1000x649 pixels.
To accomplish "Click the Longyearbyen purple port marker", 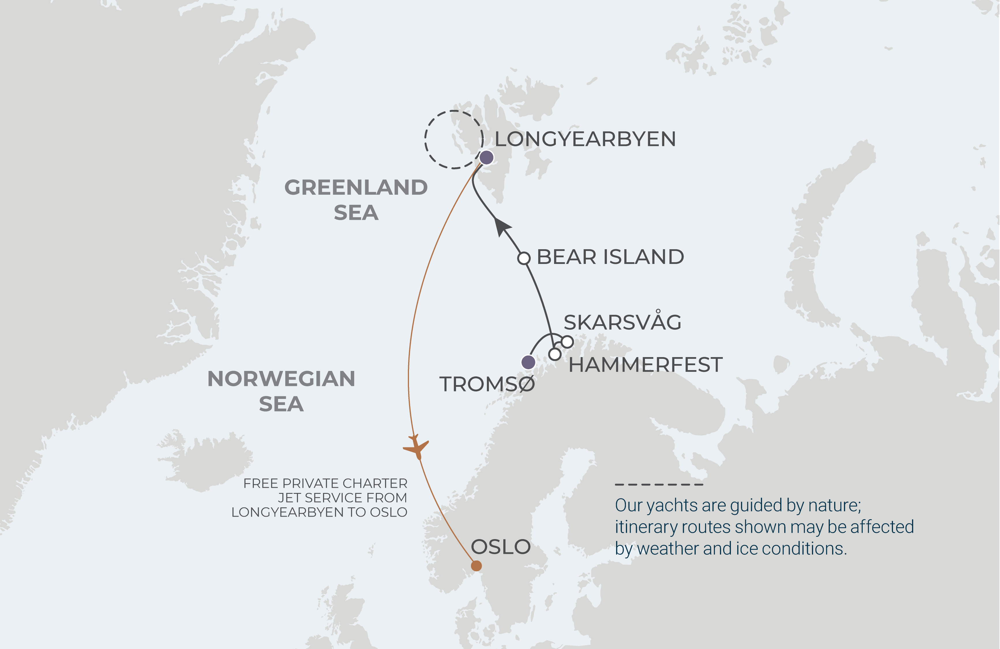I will (487, 157).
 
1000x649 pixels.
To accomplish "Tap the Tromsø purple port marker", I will (528, 362).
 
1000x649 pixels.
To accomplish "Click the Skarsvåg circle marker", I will (567, 342).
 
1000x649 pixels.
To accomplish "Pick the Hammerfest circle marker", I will (555, 354).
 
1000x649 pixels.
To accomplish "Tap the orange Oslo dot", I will (476, 566).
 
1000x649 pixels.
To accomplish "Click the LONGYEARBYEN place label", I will (585, 139).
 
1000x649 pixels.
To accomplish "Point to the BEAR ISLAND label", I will (610, 257).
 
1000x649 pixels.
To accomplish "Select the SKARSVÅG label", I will (622, 322).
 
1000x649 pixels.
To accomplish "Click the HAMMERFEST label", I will (646, 365).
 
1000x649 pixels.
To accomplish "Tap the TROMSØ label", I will (487, 384).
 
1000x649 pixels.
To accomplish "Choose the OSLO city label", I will (500, 547).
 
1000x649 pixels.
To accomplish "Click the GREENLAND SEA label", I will (356, 200).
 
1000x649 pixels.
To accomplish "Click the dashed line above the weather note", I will (659, 484).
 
